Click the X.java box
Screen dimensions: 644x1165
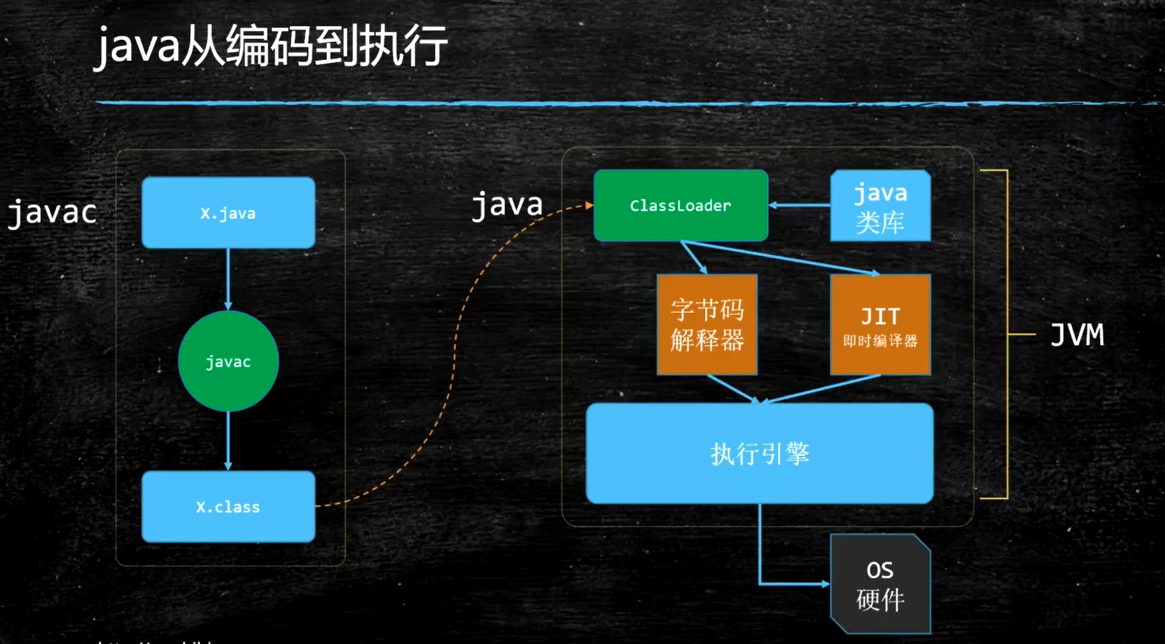click(x=228, y=213)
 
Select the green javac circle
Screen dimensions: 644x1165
click(x=228, y=361)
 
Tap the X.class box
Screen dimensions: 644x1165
click(x=228, y=506)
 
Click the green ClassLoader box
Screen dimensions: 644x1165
click(x=681, y=206)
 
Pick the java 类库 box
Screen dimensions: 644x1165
click(x=880, y=206)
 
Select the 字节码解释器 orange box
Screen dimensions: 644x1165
click(x=706, y=325)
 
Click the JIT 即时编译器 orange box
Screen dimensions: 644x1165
click(x=880, y=325)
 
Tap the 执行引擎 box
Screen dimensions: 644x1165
click(x=760, y=454)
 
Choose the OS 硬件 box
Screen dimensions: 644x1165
click(x=880, y=584)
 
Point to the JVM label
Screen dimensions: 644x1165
click(x=1077, y=335)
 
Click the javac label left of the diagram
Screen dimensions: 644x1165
click(x=52, y=212)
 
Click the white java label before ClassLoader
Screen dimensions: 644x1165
click(x=507, y=204)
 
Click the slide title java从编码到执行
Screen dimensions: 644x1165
click(x=271, y=46)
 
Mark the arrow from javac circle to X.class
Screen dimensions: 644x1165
click(x=228, y=440)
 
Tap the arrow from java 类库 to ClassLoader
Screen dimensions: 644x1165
click(x=800, y=205)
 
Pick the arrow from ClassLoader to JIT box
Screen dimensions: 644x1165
click(x=781, y=258)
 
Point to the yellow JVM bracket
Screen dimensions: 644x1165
click(x=1007, y=335)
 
